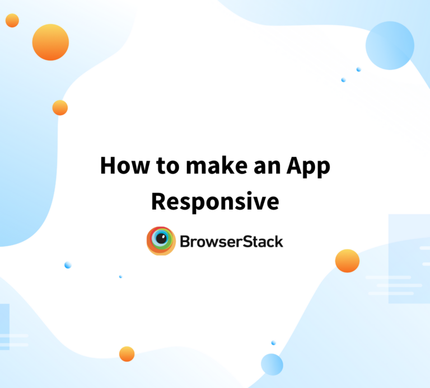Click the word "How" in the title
click(x=120, y=166)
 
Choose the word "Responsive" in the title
click(x=215, y=201)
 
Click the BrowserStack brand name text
click(x=231, y=242)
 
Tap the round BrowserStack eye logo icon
click(x=161, y=241)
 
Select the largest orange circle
click(x=50, y=42)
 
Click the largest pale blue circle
click(x=390, y=45)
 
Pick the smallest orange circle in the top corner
click(x=12, y=21)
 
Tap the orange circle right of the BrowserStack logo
click(x=347, y=261)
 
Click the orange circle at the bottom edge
click(x=127, y=354)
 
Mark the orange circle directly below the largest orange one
click(x=60, y=108)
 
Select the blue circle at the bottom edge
click(x=272, y=364)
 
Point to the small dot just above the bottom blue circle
click(x=273, y=343)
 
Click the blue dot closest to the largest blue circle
click(x=358, y=69)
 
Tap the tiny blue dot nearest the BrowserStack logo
click(x=120, y=277)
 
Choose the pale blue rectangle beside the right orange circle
click(x=409, y=258)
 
